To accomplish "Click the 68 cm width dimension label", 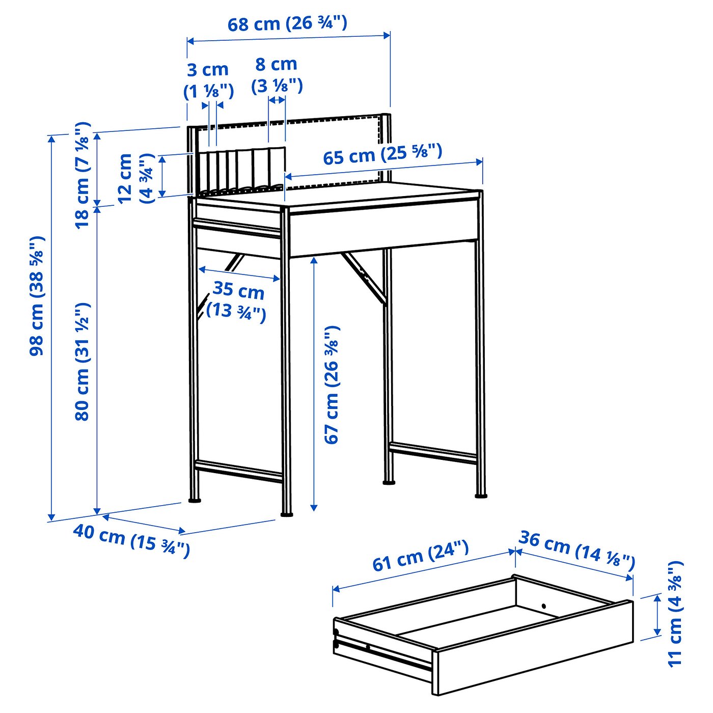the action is click(x=287, y=23).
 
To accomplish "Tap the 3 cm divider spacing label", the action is click(x=208, y=80).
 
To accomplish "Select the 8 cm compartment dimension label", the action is click(x=277, y=75).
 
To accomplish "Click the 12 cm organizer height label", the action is click(x=135, y=178).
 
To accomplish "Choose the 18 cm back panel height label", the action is click(x=82, y=175).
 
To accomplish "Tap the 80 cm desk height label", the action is click(x=82, y=362).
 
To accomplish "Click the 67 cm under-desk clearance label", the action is click(x=331, y=385).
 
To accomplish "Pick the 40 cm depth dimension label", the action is click(x=132, y=540).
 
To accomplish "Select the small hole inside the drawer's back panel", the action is click(x=544, y=606).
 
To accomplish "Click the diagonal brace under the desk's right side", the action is click(x=364, y=278).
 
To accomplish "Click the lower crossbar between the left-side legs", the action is click(x=239, y=471).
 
